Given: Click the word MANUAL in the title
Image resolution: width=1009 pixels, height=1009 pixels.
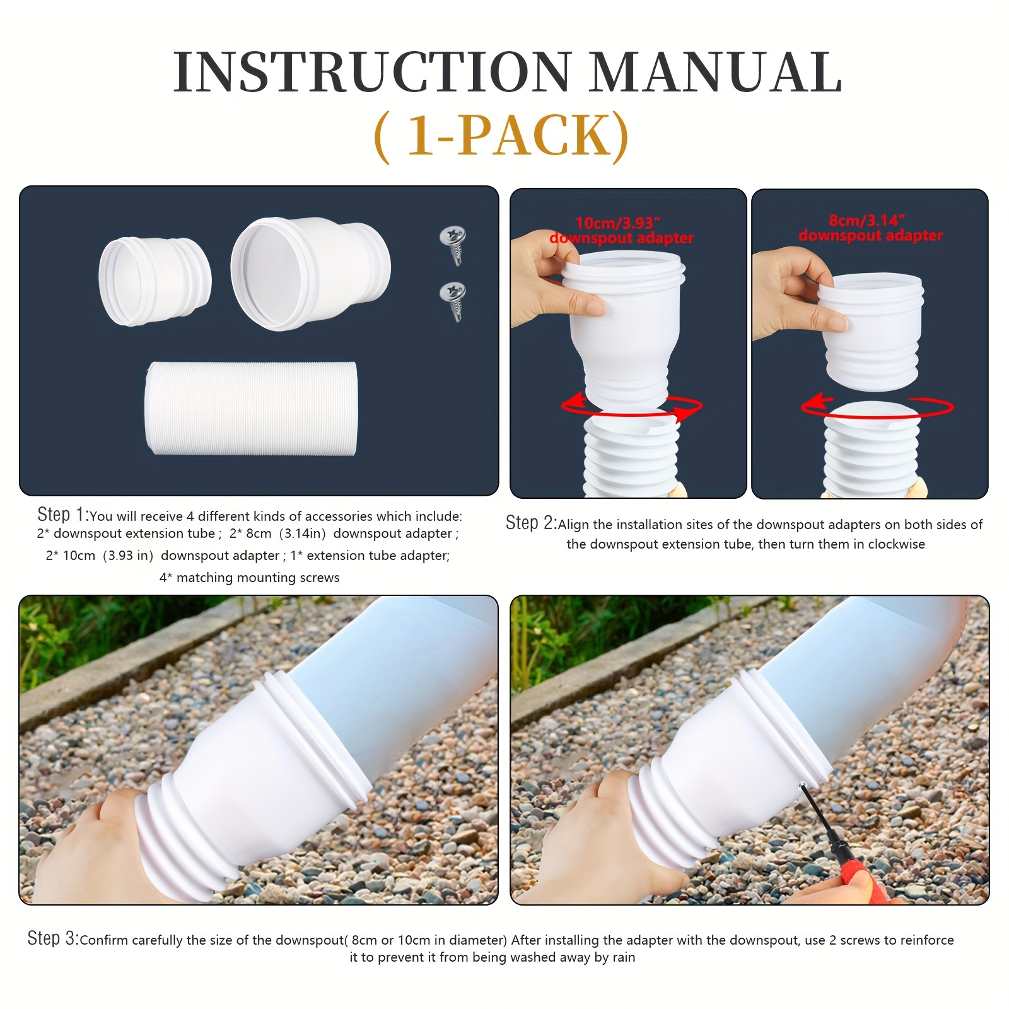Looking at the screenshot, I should [x=715, y=73].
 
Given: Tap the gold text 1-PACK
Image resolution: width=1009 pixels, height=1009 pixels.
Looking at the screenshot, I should [x=501, y=136].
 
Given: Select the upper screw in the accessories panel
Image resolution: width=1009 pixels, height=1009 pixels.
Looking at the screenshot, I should [x=453, y=243].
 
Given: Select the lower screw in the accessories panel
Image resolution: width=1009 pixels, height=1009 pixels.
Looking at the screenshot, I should [x=453, y=298].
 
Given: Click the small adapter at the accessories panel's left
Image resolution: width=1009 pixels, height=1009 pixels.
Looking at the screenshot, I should [x=155, y=281].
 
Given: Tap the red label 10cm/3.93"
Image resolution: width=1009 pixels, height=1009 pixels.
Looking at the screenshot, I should [x=617, y=223].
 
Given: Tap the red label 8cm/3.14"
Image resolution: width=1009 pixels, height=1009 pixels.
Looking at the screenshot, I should [x=867, y=220].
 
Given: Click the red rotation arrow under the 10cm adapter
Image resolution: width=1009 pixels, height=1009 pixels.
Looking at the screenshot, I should [x=631, y=408].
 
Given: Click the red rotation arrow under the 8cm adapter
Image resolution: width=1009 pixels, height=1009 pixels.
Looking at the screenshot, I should [x=877, y=407].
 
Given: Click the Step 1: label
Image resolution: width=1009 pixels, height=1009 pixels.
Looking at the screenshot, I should [x=63, y=515].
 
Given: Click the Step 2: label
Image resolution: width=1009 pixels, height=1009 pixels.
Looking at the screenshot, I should [x=531, y=523].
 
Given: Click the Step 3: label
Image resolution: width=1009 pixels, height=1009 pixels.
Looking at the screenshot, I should [x=53, y=938].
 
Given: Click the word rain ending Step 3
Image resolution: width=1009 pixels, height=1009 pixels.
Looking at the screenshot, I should [x=623, y=957].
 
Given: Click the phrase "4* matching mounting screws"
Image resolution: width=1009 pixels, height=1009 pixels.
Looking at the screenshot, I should [x=249, y=578].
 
